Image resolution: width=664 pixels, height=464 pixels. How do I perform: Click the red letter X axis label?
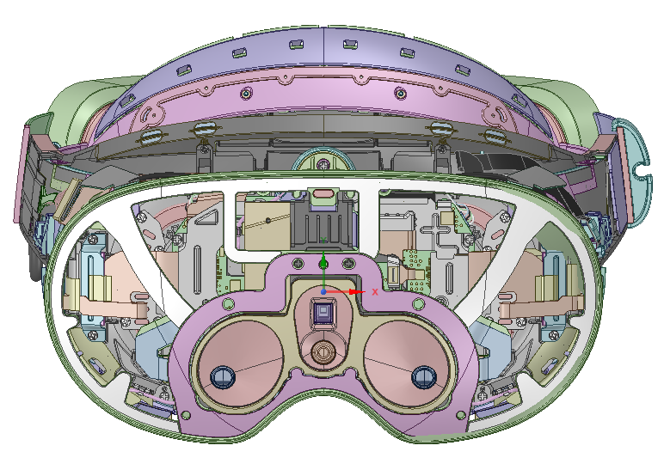[x=375, y=292]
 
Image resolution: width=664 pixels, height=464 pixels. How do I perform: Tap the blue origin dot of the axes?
[x=323, y=292]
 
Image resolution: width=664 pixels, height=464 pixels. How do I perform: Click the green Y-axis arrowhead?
[x=323, y=264]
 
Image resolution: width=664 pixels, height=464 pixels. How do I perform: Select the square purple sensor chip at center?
[x=323, y=312]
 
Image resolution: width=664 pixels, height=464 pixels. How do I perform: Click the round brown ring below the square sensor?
[x=323, y=351]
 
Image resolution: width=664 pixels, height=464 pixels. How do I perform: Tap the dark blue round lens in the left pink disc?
[x=223, y=377]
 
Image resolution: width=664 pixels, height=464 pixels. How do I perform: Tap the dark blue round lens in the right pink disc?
[x=424, y=377]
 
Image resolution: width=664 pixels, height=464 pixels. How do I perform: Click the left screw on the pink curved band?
[x=246, y=93]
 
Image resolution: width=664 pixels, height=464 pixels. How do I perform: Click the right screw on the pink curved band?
[x=400, y=93]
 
